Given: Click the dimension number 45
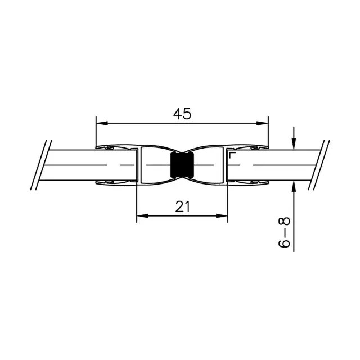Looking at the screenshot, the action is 182,114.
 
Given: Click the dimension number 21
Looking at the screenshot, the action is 183,206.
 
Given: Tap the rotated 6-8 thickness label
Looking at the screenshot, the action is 284,232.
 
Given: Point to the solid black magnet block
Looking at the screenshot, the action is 182,165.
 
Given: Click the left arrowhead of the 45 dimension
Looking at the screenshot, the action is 102,123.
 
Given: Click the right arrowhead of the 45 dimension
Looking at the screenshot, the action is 263,123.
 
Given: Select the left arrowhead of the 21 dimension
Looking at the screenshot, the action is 142,216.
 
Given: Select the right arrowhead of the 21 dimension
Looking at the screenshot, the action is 222,216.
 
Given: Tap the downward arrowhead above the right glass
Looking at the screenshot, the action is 294,144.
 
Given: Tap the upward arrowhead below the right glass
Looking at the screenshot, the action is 294,186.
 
